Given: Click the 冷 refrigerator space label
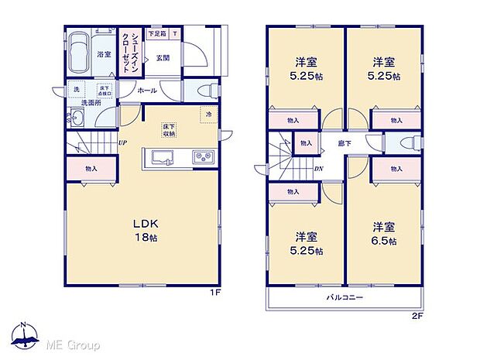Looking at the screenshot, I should [x=208, y=115].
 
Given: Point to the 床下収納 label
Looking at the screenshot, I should [x=169, y=130].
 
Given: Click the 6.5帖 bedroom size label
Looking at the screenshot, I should [x=384, y=234].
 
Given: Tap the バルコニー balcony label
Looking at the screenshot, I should [x=344, y=297].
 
